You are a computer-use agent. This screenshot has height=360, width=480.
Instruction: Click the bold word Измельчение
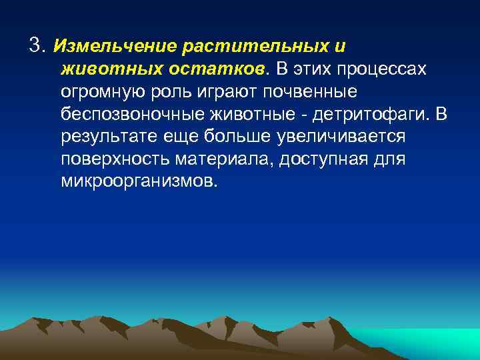point(113,47)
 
